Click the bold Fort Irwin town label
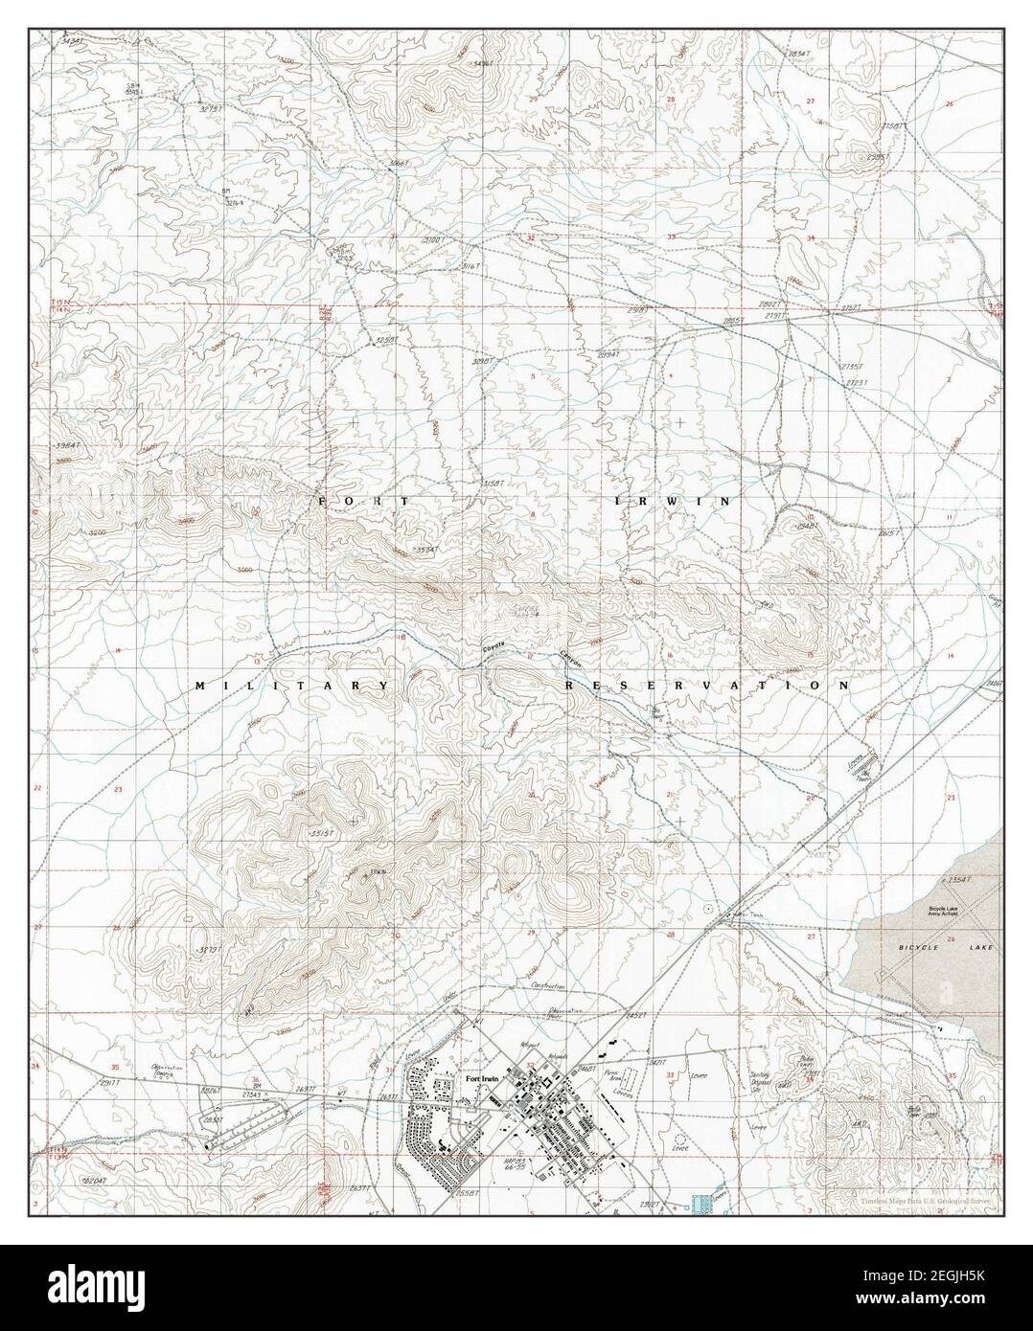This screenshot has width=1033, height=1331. pos(482,1080)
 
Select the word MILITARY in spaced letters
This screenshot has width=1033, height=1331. pos(292,686)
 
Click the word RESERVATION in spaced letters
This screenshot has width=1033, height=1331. pos(707,686)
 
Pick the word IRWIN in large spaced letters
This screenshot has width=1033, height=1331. pos(669,501)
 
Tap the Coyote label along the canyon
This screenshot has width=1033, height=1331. pos(494,649)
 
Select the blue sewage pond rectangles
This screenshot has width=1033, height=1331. pos(707,1198)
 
